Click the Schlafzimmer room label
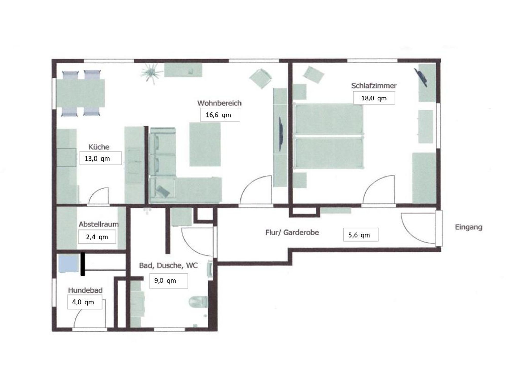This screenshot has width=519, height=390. pyautogui.click(x=374, y=86)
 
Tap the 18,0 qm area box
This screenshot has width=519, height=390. pyautogui.click(x=374, y=98)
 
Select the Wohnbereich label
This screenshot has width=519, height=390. pyautogui.click(x=219, y=103)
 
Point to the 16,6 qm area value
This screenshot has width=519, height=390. pyautogui.click(x=218, y=115)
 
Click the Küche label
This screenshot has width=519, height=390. pyautogui.click(x=99, y=147)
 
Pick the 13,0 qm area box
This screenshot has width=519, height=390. pyautogui.click(x=100, y=158)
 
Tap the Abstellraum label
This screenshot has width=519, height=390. pyautogui.click(x=99, y=224)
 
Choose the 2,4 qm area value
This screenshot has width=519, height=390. pyautogui.click(x=97, y=237)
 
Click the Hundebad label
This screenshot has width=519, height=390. pyautogui.click(x=85, y=290)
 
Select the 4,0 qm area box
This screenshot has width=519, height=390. pyautogui.click(x=85, y=302)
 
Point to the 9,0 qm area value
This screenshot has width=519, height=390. pyautogui.click(x=165, y=281)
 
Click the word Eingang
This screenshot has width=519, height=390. pyautogui.click(x=469, y=227)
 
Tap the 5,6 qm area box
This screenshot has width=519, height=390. pyautogui.click(x=361, y=235)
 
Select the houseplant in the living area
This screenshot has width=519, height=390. pyautogui.click(x=151, y=73)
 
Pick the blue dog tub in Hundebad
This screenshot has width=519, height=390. pyautogui.click(x=69, y=263)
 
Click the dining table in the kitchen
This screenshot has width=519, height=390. pyautogui.click(x=81, y=93)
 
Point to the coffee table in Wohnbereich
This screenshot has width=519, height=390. pyautogui.click(x=205, y=144)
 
